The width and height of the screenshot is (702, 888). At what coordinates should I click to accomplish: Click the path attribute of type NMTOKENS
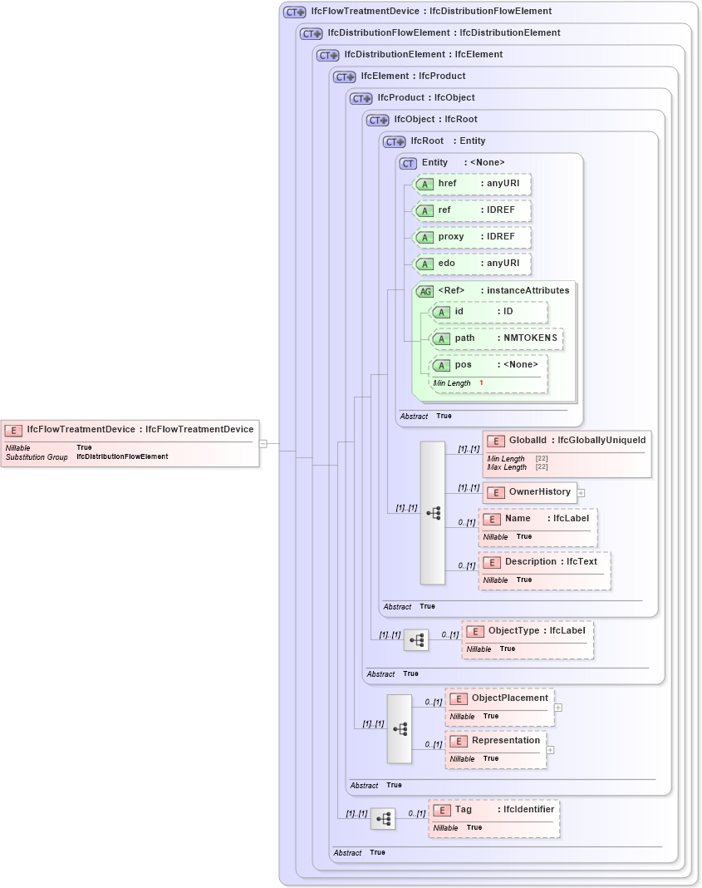[497, 338]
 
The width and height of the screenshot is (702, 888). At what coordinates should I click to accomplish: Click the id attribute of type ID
[489, 312]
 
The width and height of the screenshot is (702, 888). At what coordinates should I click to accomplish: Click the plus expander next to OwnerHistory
[582, 492]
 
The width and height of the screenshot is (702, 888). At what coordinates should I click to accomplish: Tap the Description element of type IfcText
[544, 570]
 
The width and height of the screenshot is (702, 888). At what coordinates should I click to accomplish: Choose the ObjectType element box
[528, 639]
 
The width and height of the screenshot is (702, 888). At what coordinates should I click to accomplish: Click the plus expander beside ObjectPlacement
[558, 708]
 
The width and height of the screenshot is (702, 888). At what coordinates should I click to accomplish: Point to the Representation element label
[505, 740]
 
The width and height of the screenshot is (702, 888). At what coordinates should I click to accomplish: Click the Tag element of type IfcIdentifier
[494, 817]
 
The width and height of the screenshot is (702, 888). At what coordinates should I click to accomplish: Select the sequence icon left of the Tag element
[383, 819]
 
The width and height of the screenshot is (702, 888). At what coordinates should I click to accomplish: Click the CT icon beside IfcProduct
[361, 98]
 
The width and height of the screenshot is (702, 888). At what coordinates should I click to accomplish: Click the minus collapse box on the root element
[263, 443]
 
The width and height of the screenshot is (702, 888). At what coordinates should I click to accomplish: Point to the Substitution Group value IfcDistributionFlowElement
[122, 456]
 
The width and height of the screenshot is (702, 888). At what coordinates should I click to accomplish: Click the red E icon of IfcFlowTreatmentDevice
[13, 430]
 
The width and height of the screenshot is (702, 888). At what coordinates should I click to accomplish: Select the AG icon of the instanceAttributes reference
[425, 291]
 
